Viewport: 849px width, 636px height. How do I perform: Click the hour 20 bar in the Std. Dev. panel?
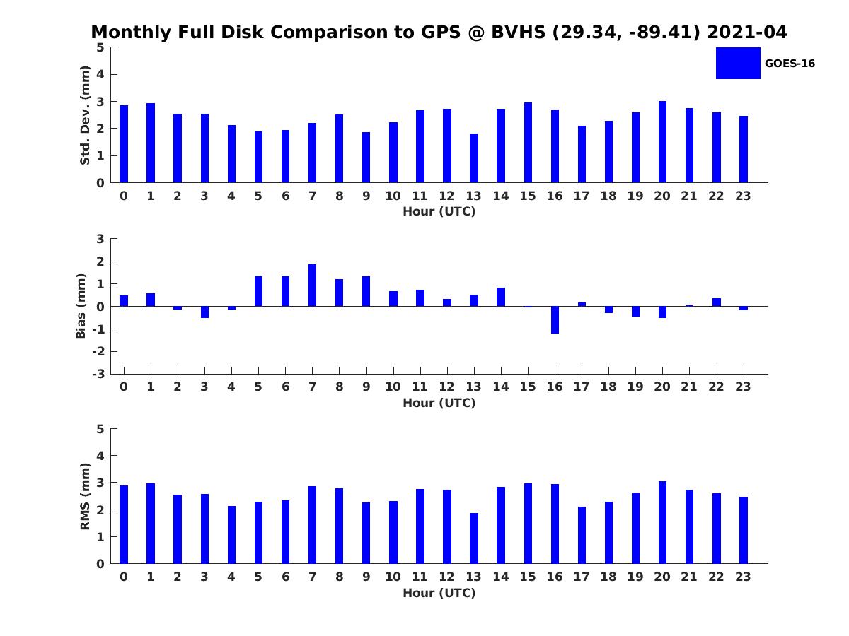(x=662, y=142)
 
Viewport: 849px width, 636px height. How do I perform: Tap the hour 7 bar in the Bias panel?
(x=312, y=285)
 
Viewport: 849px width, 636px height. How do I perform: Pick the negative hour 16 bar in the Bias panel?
(x=555, y=319)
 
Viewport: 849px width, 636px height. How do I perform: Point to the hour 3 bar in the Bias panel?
(x=204, y=312)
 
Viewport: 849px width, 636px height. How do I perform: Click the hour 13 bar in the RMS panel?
(x=473, y=538)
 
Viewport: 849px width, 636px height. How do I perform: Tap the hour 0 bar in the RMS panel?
(x=124, y=524)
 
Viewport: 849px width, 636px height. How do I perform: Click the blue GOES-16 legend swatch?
(x=738, y=63)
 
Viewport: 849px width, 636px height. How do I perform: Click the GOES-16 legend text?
(x=790, y=64)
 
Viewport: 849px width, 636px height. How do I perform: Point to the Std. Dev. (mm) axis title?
(x=85, y=115)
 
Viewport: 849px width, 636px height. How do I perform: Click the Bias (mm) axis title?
(x=81, y=306)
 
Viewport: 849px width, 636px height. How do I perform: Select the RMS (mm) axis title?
(x=85, y=496)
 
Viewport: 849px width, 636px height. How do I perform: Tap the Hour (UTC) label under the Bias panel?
(x=439, y=403)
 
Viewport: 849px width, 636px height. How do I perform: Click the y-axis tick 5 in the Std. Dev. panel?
(x=100, y=47)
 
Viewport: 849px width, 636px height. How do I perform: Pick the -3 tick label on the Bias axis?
(x=99, y=374)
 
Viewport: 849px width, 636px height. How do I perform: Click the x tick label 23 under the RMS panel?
(x=743, y=577)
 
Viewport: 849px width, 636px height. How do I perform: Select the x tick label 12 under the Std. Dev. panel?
(x=446, y=196)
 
